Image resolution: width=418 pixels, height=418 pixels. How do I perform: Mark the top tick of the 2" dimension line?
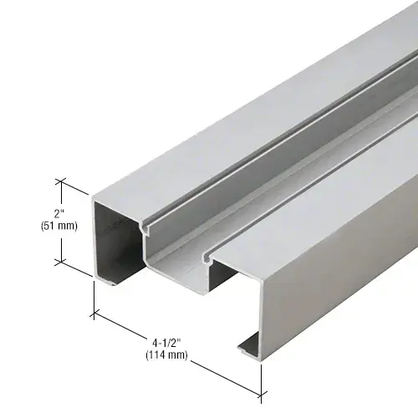pyautogui.click(x=60, y=179)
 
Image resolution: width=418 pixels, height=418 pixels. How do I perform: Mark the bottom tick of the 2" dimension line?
pyautogui.click(x=60, y=262)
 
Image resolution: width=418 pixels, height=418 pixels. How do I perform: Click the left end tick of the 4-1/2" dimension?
pyautogui.click(x=93, y=313)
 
